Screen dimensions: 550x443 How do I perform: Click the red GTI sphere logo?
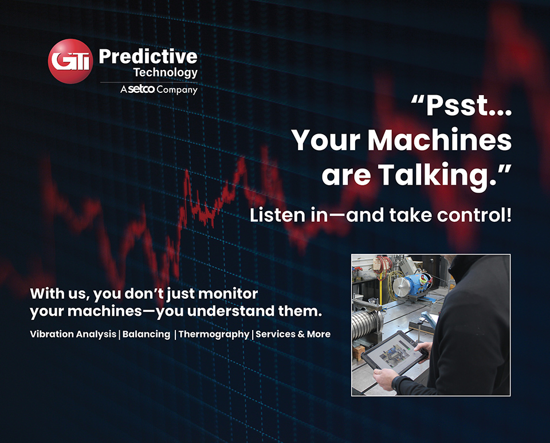point(70,61)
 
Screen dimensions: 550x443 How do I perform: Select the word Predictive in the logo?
point(148,57)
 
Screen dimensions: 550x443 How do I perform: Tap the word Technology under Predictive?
point(166,73)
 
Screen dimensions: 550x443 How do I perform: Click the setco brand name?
point(141,89)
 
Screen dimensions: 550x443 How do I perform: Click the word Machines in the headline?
point(439,140)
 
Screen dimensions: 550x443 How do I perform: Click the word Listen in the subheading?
point(277,215)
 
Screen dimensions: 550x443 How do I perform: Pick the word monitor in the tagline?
point(228,293)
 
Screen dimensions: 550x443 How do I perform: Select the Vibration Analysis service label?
point(73,334)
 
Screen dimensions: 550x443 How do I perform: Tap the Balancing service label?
point(146,334)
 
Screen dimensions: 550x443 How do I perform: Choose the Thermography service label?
point(214,334)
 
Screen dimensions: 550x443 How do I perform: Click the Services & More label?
point(293,334)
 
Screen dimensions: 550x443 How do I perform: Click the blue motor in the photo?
point(414,284)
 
